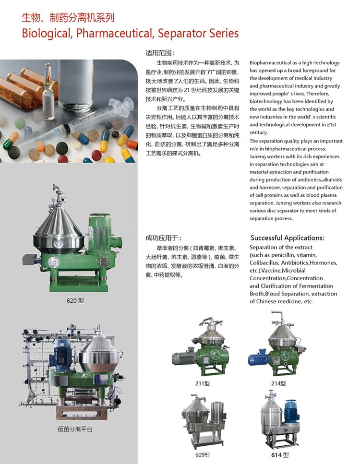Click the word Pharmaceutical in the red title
tap(115, 34)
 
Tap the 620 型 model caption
tap(75, 301)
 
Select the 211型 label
tap(203, 383)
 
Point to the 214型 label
tap(278, 383)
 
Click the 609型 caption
tap(203, 455)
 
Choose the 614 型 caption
tap(280, 455)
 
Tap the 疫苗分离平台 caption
tap(75, 429)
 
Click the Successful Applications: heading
tap(287, 238)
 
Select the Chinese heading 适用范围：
tap(160, 53)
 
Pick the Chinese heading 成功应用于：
tap(163, 238)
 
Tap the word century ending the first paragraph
tap(258, 132)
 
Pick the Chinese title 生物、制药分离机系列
tap(68, 18)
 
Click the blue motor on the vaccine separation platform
tap(62, 351)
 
